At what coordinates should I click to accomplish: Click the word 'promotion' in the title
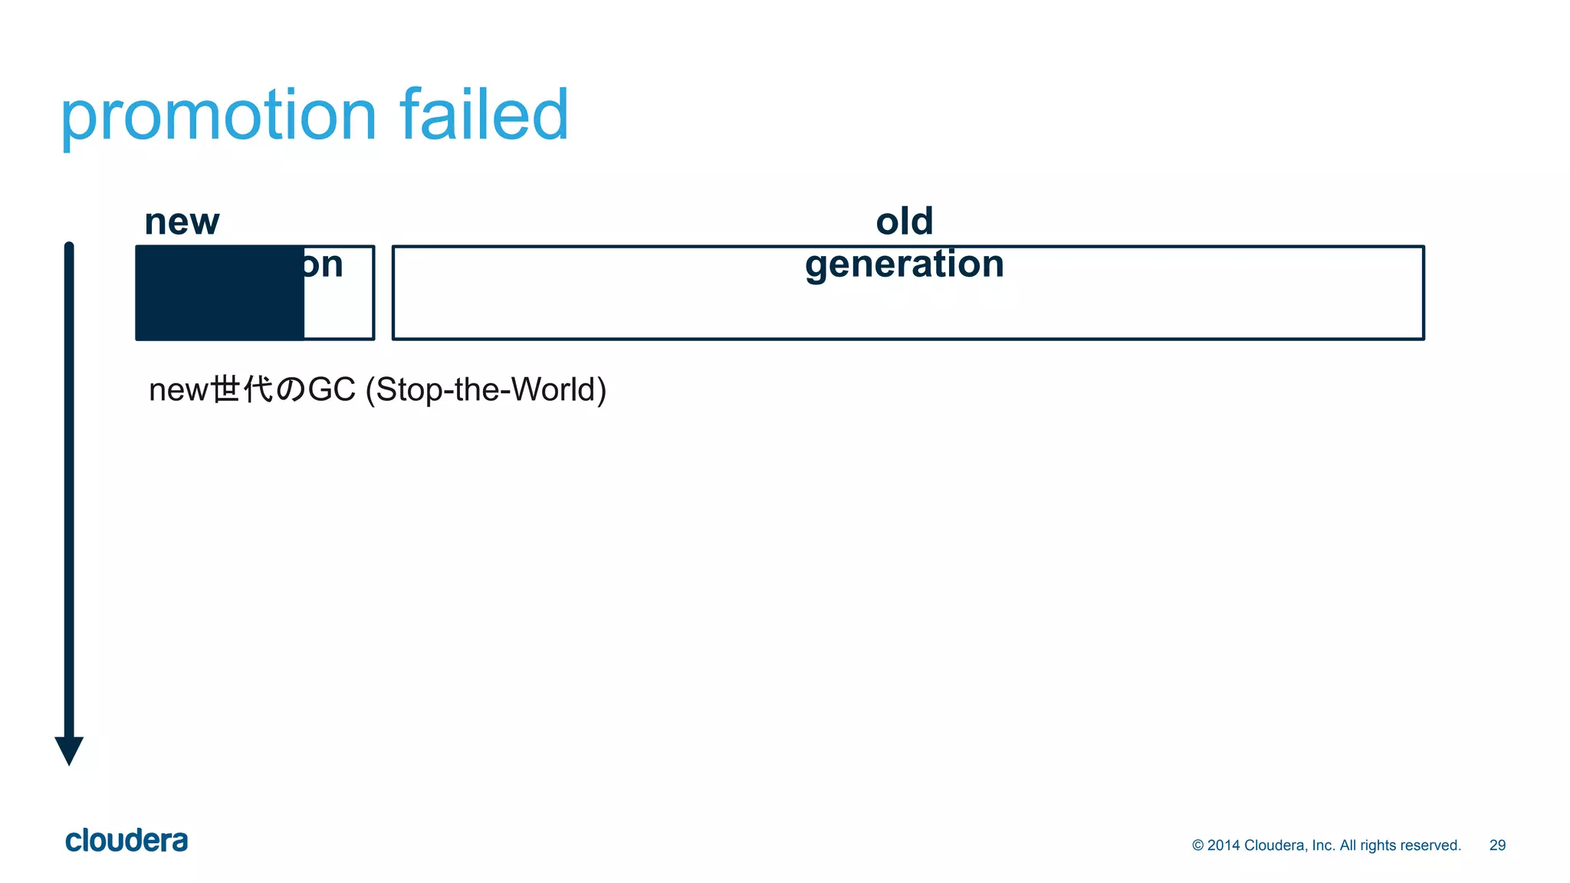tap(218, 117)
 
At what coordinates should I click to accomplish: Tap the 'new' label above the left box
tap(182, 222)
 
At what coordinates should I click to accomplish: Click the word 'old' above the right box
tap(905, 222)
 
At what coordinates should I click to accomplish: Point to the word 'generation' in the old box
tap(905, 265)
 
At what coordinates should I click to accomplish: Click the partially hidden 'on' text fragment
tap(323, 265)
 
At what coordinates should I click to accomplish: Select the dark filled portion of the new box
tap(220, 293)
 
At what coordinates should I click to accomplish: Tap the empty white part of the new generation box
tap(338, 307)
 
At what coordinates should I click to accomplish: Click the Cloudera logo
tap(126, 841)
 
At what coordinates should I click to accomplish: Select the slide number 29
tap(1497, 845)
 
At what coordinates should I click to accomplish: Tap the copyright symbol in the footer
tap(1197, 845)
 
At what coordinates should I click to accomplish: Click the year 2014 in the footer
tap(1223, 845)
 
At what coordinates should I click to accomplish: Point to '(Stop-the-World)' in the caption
tap(486, 390)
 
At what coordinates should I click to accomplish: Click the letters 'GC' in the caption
tap(331, 390)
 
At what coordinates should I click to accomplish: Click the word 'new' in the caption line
tap(179, 390)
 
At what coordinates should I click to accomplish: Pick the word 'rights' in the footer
tap(1378, 845)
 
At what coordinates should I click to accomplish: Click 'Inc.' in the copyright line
tap(1323, 845)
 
